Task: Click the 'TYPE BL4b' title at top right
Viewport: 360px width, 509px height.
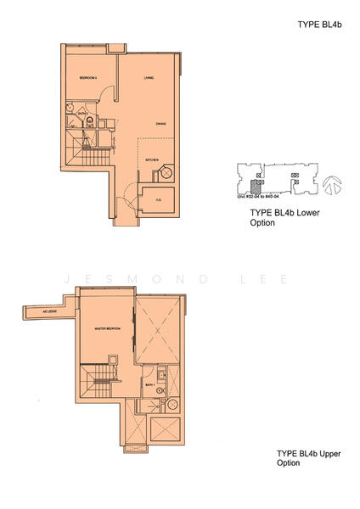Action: click(x=320, y=25)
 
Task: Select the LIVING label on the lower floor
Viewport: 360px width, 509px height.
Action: click(x=149, y=79)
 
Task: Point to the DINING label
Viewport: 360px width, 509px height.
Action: click(x=160, y=125)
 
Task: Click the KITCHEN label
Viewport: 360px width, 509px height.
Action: click(x=152, y=159)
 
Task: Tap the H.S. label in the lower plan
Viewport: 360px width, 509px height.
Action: click(x=158, y=201)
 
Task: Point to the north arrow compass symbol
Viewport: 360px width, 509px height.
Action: click(x=332, y=182)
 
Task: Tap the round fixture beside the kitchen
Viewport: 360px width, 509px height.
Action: click(x=168, y=173)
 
